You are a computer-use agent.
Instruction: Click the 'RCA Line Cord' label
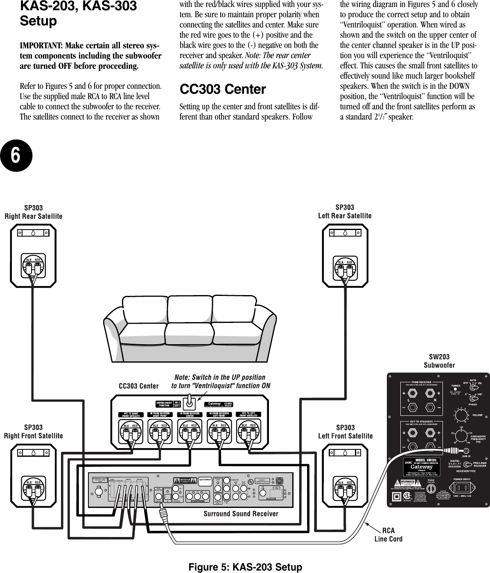[x=388, y=535]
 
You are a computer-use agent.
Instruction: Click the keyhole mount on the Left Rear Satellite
[x=345, y=233]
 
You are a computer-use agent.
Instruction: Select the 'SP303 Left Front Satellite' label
[x=345, y=432]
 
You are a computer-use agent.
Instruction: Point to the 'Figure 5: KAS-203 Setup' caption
[x=245, y=567]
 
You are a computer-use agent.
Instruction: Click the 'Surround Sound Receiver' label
[x=241, y=514]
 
